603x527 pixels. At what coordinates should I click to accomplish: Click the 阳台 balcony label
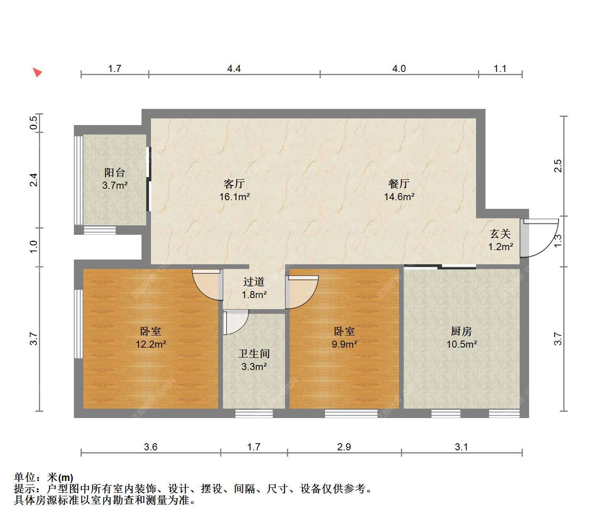pyautogui.click(x=114, y=172)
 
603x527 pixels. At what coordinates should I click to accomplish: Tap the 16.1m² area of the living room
pyautogui.click(x=234, y=197)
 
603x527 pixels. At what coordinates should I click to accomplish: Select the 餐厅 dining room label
pyautogui.click(x=399, y=184)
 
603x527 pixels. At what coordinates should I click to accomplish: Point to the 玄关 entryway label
pyautogui.click(x=500, y=234)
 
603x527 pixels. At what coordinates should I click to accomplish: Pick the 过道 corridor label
pyautogui.click(x=254, y=282)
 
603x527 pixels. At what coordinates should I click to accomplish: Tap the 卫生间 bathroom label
pyautogui.click(x=254, y=354)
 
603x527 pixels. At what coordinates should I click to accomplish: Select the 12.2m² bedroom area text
pyautogui.click(x=151, y=344)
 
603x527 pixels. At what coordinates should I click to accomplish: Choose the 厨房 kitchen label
pyautogui.click(x=461, y=331)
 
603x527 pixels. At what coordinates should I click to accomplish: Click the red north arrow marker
pyautogui.click(x=37, y=72)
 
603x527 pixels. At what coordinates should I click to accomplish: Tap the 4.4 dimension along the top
pyautogui.click(x=234, y=69)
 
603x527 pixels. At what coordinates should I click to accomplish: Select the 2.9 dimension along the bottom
pyautogui.click(x=344, y=447)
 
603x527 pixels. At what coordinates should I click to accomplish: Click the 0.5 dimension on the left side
pyautogui.click(x=34, y=122)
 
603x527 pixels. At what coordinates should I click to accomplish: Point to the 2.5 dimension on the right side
pyautogui.click(x=558, y=166)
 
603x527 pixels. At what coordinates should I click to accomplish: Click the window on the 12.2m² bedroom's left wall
pyautogui.click(x=78, y=324)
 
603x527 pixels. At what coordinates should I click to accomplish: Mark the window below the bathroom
pyautogui.click(x=254, y=413)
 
